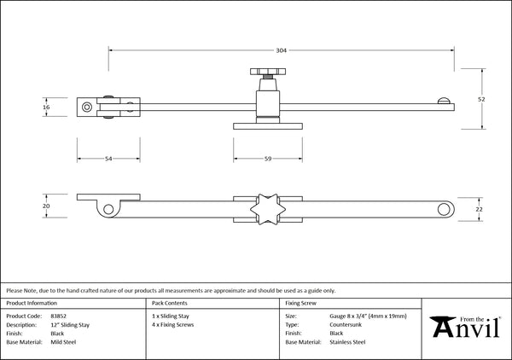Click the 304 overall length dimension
(281, 50)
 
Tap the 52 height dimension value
(481, 99)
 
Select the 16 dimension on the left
(46, 107)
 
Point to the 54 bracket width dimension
(108, 159)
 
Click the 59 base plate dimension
(268, 159)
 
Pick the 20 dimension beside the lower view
(46, 206)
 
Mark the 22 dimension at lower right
(479, 209)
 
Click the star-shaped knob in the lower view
(268, 209)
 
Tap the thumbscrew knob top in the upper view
(268, 72)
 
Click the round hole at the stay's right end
(444, 209)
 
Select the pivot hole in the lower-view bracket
(108, 209)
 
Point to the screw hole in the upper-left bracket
(87, 107)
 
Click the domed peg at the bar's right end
(444, 101)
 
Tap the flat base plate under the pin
(268, 126)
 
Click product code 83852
(58, 316)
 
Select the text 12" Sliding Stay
(70, 325)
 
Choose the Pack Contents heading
(170, 303)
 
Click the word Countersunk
(346, 325)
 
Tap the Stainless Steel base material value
(347, 342)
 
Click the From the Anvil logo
(465, 327)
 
